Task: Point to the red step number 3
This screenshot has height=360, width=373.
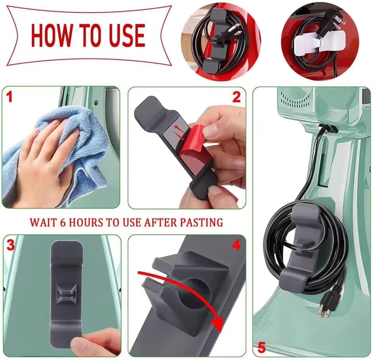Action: [10, 245]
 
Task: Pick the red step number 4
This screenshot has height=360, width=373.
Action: [236, 245]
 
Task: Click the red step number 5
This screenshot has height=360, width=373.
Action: [261, 347]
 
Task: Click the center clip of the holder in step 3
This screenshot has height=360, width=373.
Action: [66, 293]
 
